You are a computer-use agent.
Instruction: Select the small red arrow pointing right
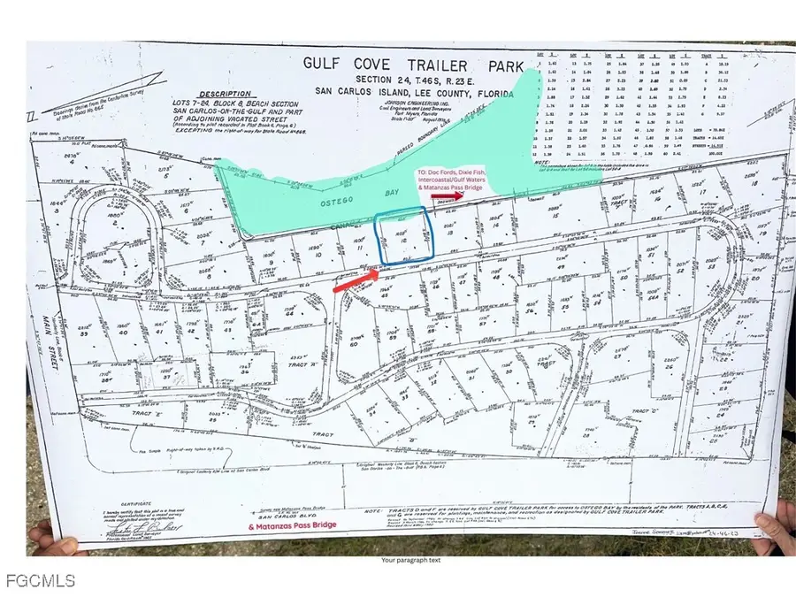click(x=442, y=198)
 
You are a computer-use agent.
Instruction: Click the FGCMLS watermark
click(x=39, y=581)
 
